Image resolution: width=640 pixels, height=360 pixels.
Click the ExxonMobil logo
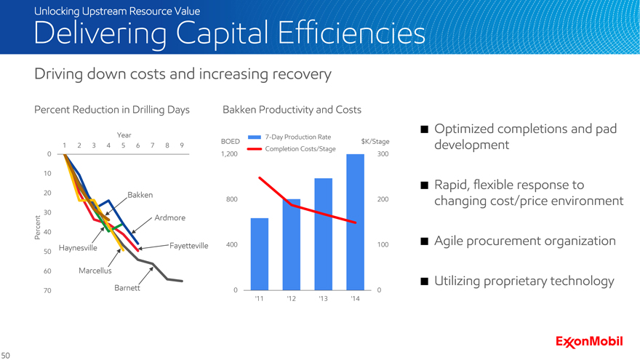[589, 341]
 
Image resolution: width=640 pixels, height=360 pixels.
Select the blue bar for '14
[355, 222]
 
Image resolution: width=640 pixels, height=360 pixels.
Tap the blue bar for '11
[260, 254]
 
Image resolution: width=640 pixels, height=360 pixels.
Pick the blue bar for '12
[292, 244]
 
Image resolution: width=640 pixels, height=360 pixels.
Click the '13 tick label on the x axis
[323, 299]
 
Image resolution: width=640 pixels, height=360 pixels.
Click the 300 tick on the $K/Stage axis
[383, 154]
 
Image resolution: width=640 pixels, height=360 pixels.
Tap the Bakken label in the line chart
[140, 195]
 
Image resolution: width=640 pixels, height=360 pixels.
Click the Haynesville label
[78, 247]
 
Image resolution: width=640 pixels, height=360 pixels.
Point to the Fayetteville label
[188, 247]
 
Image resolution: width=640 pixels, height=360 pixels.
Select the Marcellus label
[95, 271]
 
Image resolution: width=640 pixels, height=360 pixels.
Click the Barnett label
[127, 288]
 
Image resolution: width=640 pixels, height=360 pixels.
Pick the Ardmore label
[169, 218]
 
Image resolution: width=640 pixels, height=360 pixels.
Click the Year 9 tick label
[181, 145]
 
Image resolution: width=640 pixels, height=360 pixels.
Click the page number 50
[6, 354]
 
